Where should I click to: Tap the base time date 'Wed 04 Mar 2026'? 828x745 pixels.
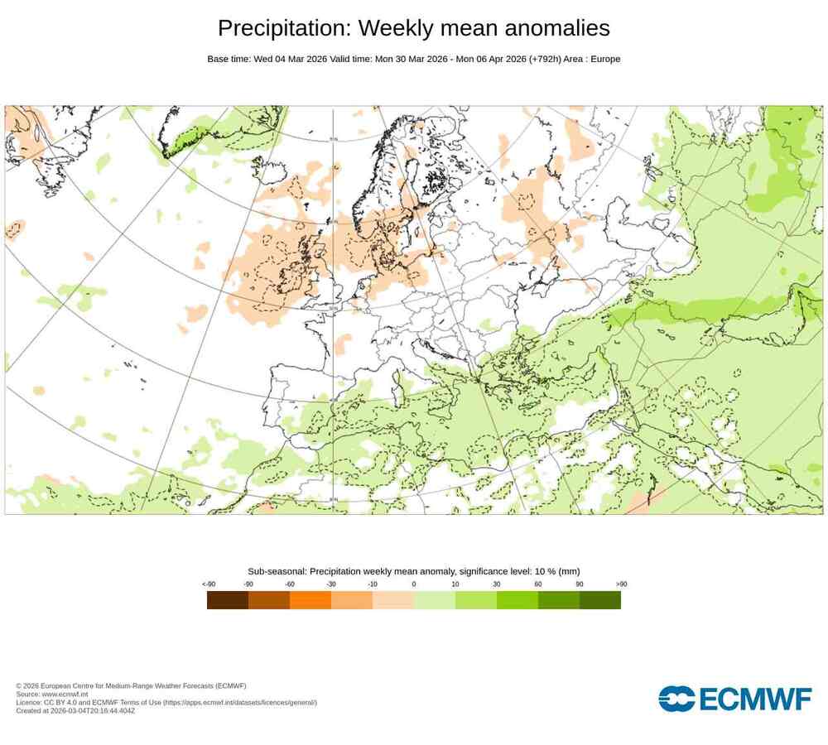pos(289,59)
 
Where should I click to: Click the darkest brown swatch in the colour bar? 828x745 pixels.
pos(228,600)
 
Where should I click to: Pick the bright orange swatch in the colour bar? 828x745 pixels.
pos(310,600)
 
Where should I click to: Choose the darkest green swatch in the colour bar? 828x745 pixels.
pos(600,600)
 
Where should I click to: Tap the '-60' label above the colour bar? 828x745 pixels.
pos(290,584)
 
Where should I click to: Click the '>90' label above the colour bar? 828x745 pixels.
pos(621,584)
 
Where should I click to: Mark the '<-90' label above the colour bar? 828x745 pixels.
pos(209,584)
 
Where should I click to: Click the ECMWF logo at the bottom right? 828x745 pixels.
pos(734,698)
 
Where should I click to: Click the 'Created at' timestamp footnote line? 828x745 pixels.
pos(75,710)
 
